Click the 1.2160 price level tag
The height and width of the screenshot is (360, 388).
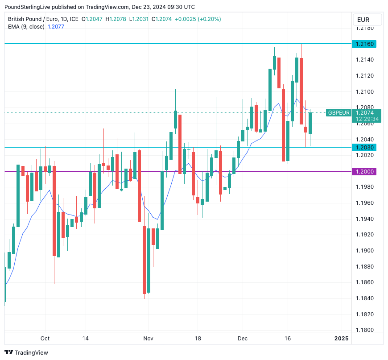click(365, 44)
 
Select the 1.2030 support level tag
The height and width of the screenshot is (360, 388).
click(365, 147)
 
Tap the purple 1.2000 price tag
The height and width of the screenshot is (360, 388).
click(365, 171)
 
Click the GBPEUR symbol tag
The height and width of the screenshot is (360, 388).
click(339, 113)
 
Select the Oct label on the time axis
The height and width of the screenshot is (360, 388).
click(45, 339)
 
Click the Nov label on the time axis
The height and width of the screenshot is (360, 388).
click(149, 339)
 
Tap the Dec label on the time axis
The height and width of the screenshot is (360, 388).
click(242, 339)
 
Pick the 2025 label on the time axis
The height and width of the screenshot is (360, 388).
click(342, 339)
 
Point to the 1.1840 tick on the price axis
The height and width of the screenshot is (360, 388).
click(365, 298)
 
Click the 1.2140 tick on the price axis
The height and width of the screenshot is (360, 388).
click(365, 60)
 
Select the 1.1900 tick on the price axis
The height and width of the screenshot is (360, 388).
click(365, 251)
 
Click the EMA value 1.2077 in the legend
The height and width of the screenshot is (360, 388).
click(56, 26)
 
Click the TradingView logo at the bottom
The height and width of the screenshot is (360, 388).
click(26, 352)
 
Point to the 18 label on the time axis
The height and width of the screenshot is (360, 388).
click(198, 339)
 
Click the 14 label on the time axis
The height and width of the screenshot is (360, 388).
click(86, 339)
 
